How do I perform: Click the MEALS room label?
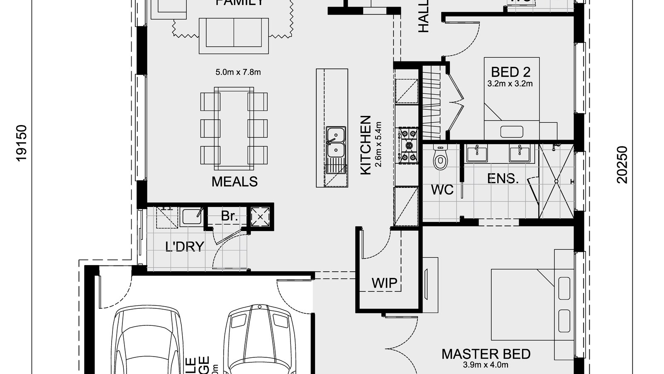point(234,182)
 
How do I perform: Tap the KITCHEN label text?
point(366,145)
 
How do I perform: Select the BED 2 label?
point(510,72)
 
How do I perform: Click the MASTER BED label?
point(486,354)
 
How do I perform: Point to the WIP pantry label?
point(384,283)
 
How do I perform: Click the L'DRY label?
point(185,246)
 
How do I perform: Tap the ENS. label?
point(503,179)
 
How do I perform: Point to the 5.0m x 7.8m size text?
point(238,72)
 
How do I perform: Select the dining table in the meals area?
point(234,128)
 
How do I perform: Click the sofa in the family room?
point(234,35)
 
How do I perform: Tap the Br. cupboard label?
point(229,216)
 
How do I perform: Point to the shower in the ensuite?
point(556,181)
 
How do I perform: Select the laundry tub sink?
point(192,216)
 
